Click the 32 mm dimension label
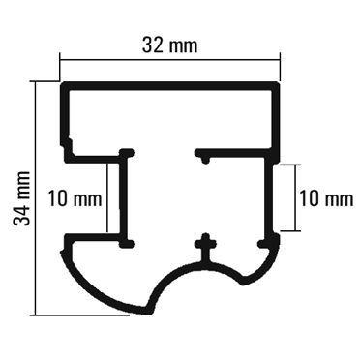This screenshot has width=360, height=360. pos(169,45)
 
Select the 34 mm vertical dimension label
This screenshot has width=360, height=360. pos(22,198)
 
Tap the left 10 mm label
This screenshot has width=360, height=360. pos(75,198)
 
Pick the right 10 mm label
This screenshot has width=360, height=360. pos(326,198)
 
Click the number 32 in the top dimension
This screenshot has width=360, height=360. pos(152,45)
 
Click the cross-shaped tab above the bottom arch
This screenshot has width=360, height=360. pos(205,247)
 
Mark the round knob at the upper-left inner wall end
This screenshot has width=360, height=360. pos(127,153)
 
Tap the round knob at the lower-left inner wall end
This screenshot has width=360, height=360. pos(127,243)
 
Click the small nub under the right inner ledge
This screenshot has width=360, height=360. pos(205,159)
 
